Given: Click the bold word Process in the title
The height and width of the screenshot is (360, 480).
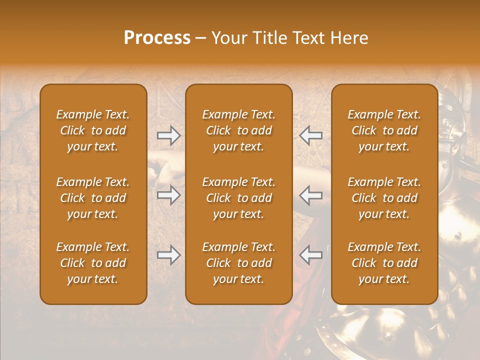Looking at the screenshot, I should click(x=157, y=38).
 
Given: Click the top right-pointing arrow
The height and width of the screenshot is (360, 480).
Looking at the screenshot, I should click(x=168, y=135).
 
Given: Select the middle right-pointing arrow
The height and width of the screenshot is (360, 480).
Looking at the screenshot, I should click(x=168, y=195).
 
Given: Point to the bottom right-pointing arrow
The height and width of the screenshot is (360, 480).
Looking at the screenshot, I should click(x=168, y=255).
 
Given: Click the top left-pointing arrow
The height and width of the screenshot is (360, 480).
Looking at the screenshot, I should click(x=311, y=135).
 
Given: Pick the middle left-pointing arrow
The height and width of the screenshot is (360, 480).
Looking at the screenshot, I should click(x=311, y=195).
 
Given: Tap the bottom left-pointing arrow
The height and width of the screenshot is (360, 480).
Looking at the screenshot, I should click(x=311, y=255).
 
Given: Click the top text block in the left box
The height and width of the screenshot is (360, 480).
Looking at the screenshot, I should click(x=93, y=130).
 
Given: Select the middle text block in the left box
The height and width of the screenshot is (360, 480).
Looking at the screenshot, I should click(x=93, y=198).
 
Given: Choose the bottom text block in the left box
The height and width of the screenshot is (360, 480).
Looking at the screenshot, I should click(x=93, y=263).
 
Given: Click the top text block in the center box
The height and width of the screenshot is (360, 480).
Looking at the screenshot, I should click(x=238, y=130).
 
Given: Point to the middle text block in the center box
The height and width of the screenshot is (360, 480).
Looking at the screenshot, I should click(x=238, y=198).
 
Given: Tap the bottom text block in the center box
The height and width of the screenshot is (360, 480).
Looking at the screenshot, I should click(x=238, y=263).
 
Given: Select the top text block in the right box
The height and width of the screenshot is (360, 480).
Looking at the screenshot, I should click(x=384, y=130).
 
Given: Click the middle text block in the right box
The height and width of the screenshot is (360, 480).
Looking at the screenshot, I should click(x=384, y=198).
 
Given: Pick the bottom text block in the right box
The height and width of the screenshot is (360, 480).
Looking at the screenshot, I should click(x=384, y=263).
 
